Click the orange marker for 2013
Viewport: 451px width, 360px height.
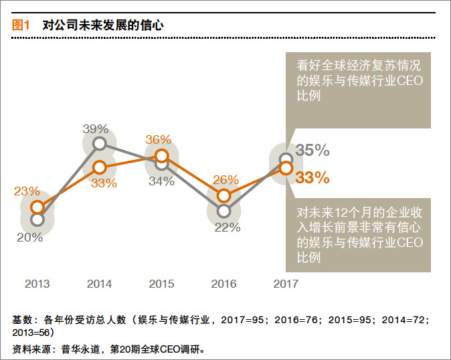[x=37, y=207]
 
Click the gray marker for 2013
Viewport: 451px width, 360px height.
[x=37, y=219]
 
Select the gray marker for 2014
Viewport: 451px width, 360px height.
[x=99, y=143]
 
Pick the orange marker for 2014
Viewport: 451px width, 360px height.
[x=99, y=167]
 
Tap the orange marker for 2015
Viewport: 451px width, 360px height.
[x=161, y=156]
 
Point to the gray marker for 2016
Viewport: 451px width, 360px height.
[x=224, y=210]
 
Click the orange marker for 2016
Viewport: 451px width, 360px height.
[x=224, y=196]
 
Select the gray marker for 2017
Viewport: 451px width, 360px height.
[x=286, y=159]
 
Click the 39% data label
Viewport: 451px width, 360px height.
[x=96, y=128]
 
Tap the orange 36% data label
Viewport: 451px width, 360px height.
[x=159, y=141]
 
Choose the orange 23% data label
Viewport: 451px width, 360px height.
[x=27, y=191]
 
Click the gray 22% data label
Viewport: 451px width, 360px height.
[x=227, y=228]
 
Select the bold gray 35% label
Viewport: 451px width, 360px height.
[x=313, y=151]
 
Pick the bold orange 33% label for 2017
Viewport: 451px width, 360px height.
[x=313, y=177]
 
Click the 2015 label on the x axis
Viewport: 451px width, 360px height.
[x=161, y=284]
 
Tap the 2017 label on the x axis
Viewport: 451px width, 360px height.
[x=286, y=284]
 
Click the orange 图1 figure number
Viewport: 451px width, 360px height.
[x=21, y=25]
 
